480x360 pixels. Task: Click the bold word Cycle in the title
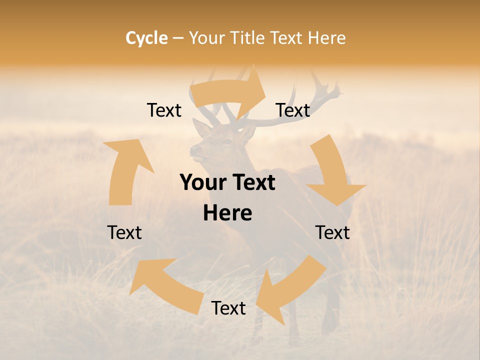[146, 38]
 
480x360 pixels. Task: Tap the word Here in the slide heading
[326, 38]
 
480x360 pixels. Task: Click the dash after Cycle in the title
[178, 38]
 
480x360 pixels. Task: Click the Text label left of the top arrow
[164, 110]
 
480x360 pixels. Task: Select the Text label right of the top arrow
[293, 110]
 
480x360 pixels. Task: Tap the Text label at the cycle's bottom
[228, 308]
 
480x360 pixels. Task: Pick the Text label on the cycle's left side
[124, 232]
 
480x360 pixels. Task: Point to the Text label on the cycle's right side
[332, 232]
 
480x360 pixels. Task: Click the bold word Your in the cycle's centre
[203, 183]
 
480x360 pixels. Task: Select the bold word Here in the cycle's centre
[227, 213]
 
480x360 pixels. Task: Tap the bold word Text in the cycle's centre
[252, 183]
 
